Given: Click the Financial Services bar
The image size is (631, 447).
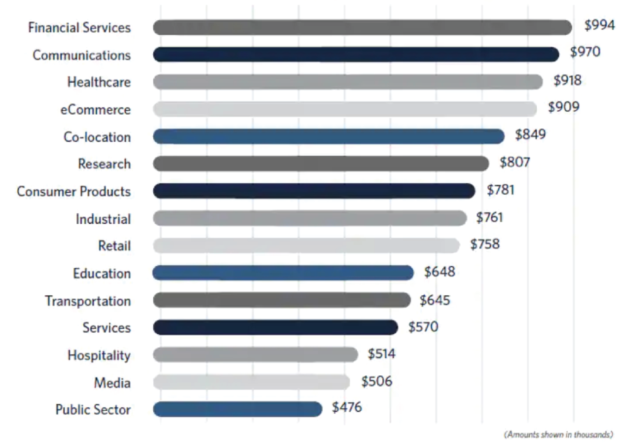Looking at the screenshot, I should (x=362, y=27).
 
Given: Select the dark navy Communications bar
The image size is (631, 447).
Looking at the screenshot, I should (x=356, y=55).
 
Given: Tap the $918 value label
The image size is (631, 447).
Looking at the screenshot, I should (x=567, y=80).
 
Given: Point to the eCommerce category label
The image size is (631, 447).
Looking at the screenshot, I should (x=96, y=110).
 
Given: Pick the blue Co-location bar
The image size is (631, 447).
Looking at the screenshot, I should (x=328, y=136).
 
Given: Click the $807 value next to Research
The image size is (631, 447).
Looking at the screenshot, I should (x=515, y=162).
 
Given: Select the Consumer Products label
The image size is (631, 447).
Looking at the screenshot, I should (x=74, y=191).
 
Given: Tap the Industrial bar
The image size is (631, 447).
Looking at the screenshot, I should (x=310, y=218).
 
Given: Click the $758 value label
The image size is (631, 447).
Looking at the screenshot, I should (x=485, y=244).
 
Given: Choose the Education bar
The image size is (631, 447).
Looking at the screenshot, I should (x=283, y=273).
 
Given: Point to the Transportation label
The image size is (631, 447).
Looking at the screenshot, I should (x=88, y=301).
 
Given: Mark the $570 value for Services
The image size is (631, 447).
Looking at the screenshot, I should (x=423, y=327).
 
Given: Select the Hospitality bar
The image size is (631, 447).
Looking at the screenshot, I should (x=256, y=355).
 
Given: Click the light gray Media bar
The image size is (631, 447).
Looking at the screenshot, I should (x=251, y=382).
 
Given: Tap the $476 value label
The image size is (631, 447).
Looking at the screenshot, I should (x=346, y=407).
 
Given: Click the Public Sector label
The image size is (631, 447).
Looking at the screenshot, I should (x=93, y=409).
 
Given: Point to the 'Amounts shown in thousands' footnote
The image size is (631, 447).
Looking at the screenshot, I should (x=558, y=435).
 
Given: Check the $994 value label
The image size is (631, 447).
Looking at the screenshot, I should (x=599, y=25).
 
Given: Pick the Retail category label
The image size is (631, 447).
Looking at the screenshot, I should (x=114, y=246).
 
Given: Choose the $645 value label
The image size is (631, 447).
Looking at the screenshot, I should (x=435, y=300).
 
